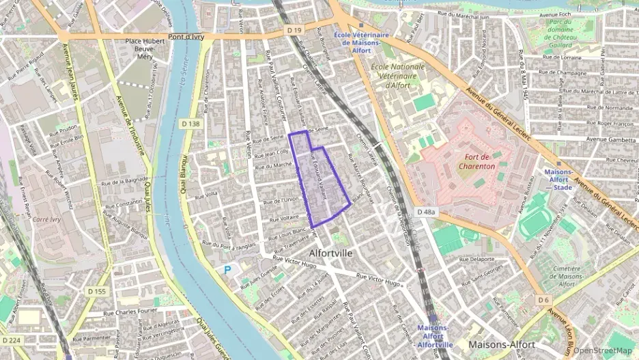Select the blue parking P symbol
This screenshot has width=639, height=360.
click(x=227, y=271)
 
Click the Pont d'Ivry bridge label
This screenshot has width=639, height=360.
click(x=188, y=36)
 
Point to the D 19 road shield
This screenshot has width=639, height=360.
click(x=294, y=31)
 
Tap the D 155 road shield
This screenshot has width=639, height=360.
click(x=98, y=292)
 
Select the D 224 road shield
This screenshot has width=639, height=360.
click(x=12, y=340)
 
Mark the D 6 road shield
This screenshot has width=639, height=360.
click(x=543, y=300)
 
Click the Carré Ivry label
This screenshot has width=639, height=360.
click(x=47, y=220)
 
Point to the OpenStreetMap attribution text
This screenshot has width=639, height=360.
click(x=602, y=350)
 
